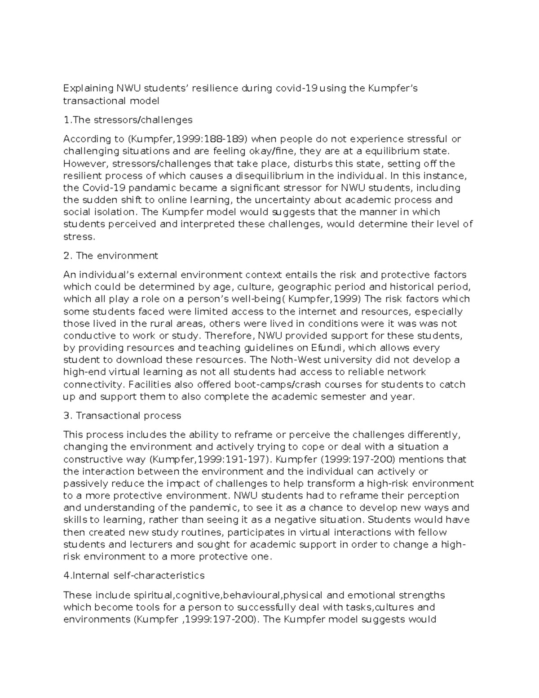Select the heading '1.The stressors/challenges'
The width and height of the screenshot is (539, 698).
pos(128,120)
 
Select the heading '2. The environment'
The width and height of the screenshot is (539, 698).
pos(111,256)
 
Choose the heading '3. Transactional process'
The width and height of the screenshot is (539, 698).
pos(123,416)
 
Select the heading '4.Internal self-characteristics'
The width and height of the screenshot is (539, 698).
pos(134,576)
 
